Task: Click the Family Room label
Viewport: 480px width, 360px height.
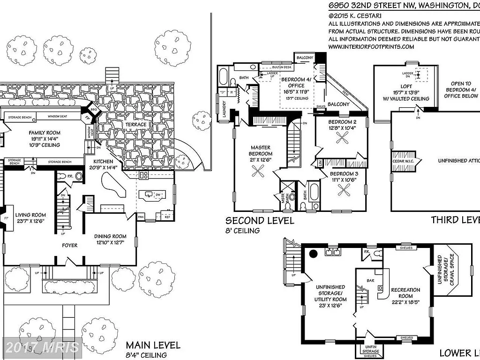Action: pos(45,133)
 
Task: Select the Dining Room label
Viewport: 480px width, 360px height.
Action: pos(110,236)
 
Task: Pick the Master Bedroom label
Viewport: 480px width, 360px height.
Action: pos(260,150)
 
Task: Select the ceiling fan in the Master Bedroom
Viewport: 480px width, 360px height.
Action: pos(259,172)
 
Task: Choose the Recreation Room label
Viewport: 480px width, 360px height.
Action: pos(405,290)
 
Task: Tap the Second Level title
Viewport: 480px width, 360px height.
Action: pos(260,221)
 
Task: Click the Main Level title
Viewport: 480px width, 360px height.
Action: pos(153,345)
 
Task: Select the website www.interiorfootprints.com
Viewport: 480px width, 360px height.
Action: pos(371,46)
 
